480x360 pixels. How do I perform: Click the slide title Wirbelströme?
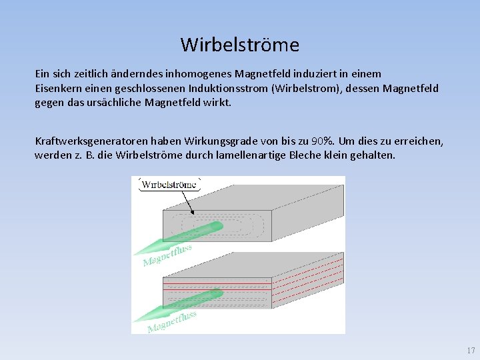[x=239, y=45]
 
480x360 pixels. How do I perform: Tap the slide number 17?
[x=471, y=350]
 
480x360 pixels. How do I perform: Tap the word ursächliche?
[x=121, y=103]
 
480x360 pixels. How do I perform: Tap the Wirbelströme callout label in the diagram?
[x=169, y=185]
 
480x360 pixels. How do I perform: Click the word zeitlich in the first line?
[x=95, y=73]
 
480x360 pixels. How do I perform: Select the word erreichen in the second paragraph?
[x=418, y=141]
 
